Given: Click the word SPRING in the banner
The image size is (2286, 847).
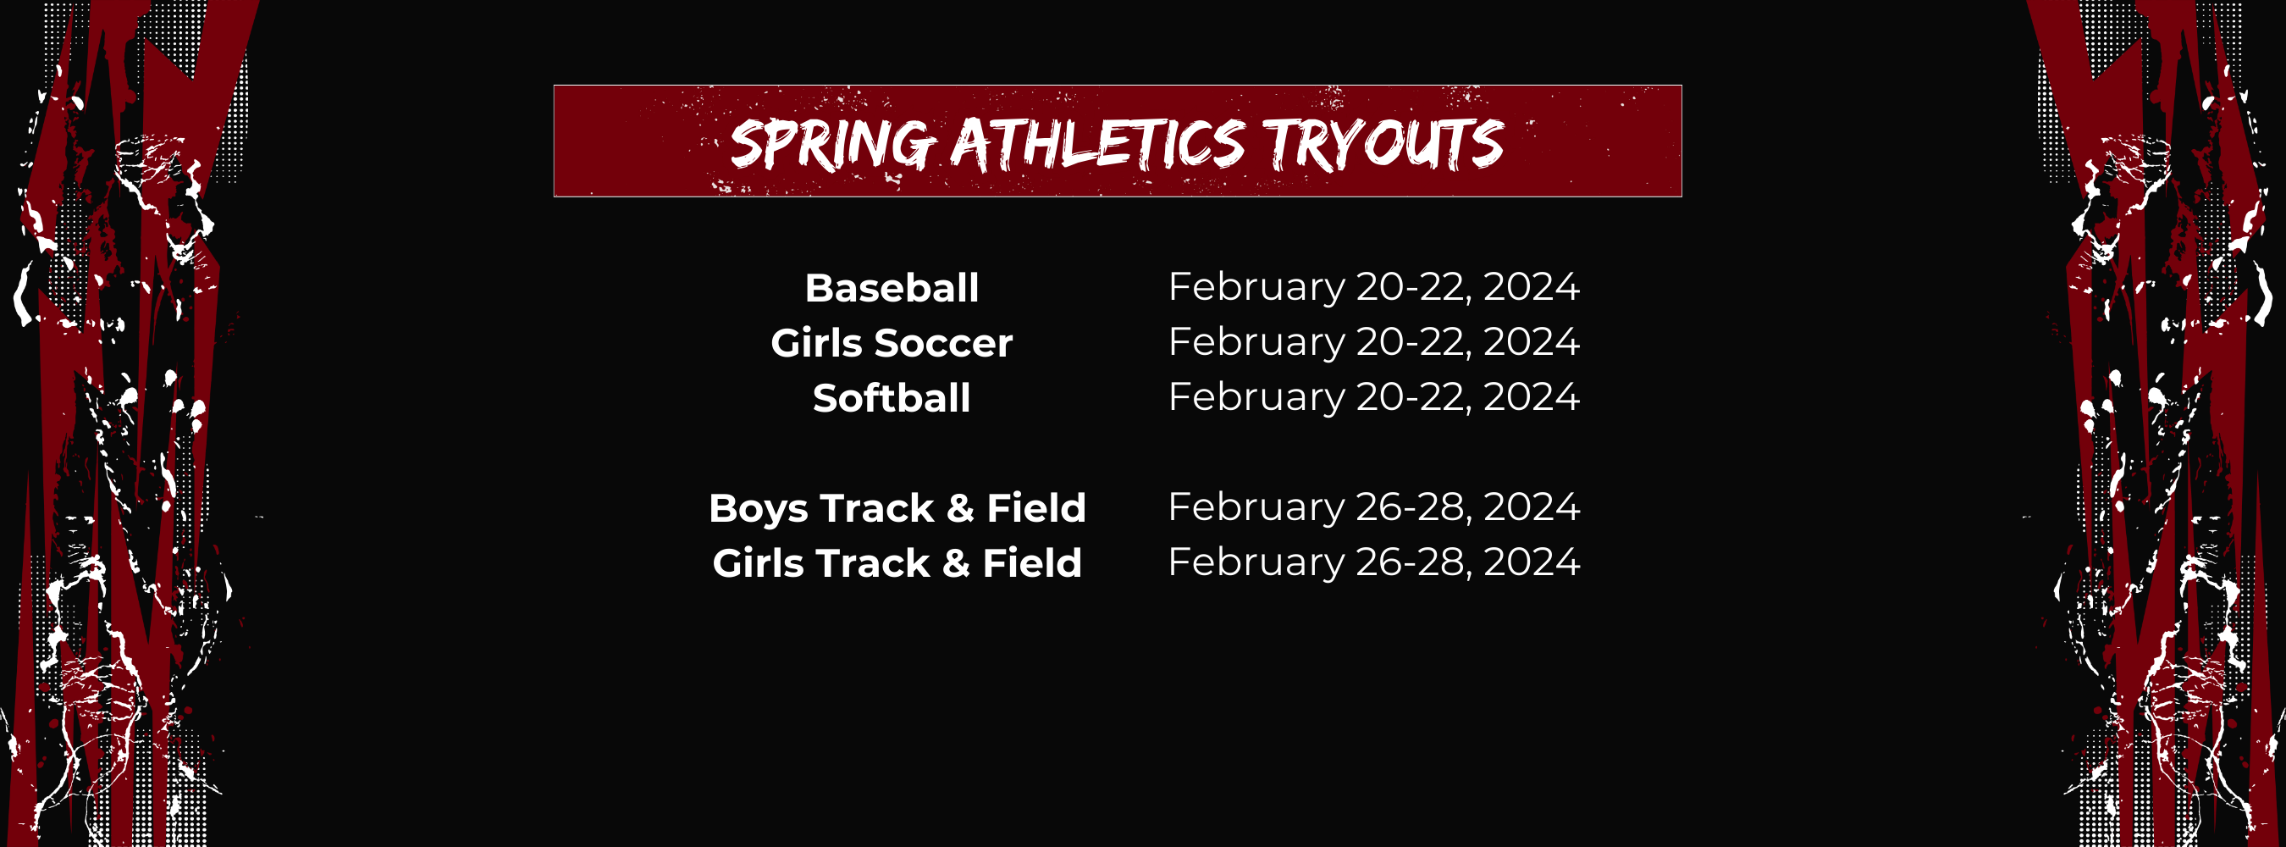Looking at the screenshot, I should [x=831, y=144].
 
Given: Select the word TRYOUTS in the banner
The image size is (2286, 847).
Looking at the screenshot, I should [x=1382, y=144].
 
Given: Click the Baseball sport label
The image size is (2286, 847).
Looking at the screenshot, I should [x=891, y=288].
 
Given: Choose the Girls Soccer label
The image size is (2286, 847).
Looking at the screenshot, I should [x=891, y=343].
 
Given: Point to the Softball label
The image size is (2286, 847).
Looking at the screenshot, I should [x=891, y=398].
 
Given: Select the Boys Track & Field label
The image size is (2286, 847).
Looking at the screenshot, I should [x=897, y=508].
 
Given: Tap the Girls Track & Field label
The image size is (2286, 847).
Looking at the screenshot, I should [x=897, y=563].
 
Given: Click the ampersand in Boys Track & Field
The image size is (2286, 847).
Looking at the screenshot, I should [x=959, y=508].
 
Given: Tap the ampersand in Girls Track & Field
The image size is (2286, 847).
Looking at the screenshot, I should [x=956, y=563].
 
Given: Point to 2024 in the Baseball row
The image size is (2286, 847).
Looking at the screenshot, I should [x=1531, y=287].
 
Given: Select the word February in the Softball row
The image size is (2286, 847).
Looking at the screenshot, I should [x=1256, y=397].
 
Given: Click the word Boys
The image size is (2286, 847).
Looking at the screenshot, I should [x=758, y=509].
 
